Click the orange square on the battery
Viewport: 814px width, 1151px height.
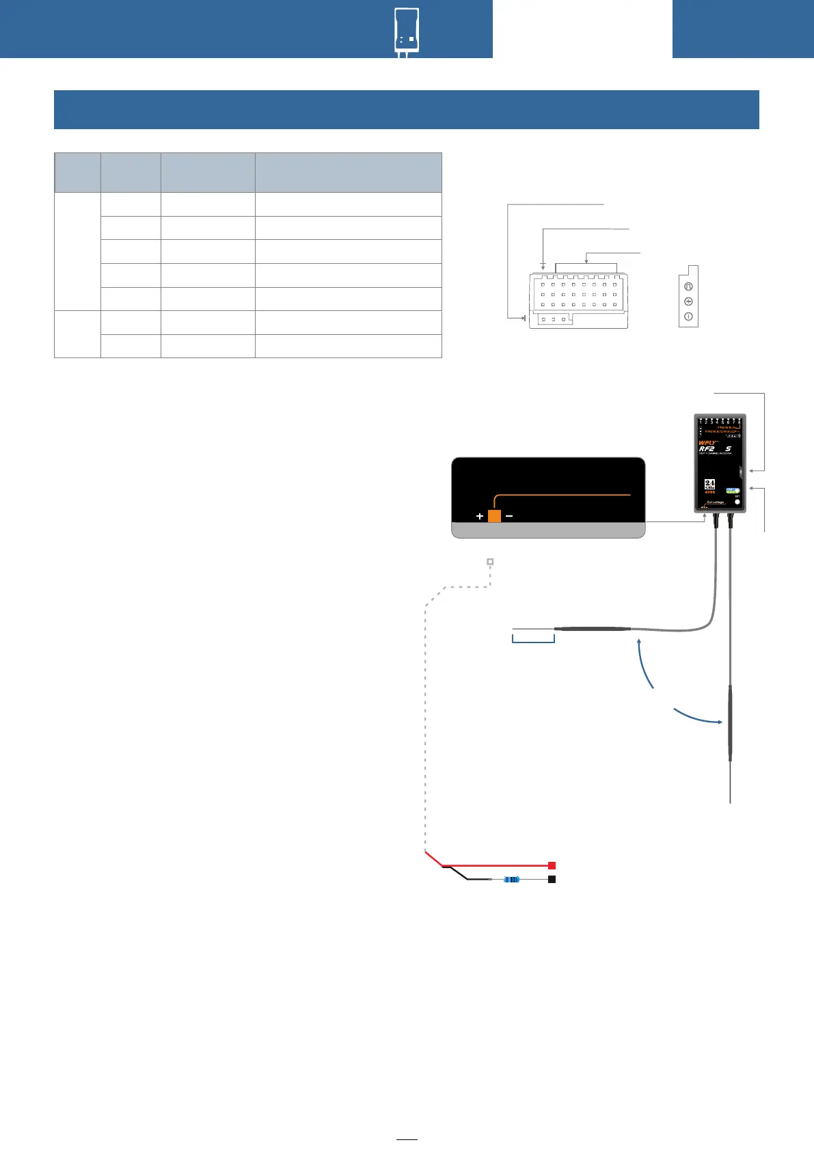494,516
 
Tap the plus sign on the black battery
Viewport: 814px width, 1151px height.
480,516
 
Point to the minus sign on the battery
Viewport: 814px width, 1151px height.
509,516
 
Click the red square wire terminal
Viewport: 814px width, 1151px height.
552,865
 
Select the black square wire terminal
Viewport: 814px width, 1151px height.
552,879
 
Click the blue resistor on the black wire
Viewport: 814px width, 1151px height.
511,879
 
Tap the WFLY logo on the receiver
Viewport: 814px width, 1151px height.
707,443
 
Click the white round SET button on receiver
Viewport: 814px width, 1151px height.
737,502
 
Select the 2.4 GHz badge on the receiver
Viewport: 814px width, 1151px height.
709,484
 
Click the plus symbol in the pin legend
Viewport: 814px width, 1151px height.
688,301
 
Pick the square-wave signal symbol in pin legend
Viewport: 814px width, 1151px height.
688,286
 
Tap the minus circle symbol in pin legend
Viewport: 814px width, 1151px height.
688,316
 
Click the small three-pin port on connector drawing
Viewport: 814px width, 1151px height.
553,319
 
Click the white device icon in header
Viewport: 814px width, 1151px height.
407,31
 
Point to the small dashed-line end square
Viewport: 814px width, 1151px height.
490,562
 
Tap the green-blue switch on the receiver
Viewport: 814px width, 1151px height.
733,491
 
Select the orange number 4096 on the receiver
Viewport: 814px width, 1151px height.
709,492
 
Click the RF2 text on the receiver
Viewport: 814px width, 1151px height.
707,449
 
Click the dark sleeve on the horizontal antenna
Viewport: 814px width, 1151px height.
592,628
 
